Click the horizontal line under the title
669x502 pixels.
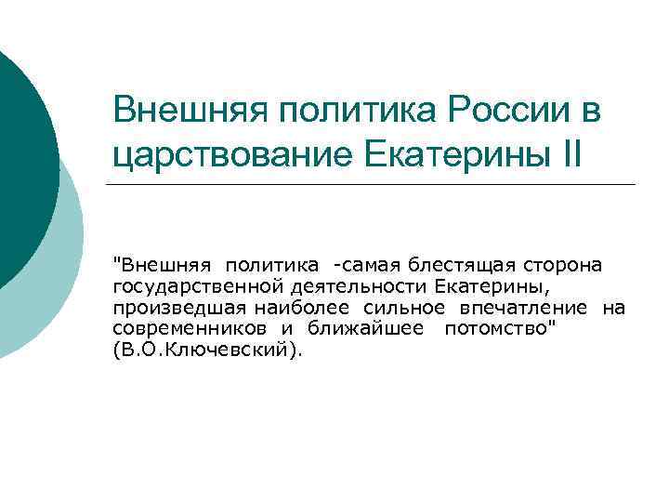372,184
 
